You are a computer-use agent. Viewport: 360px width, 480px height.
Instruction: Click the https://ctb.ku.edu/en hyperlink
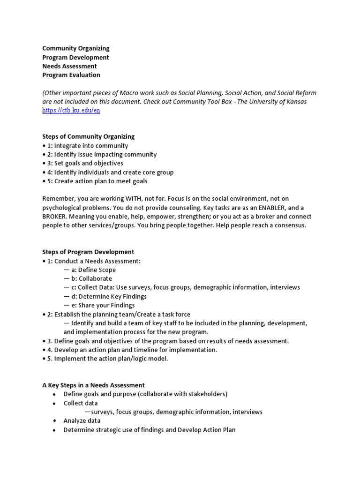pos(71,111)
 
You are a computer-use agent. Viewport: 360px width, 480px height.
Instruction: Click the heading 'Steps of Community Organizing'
pos(88,136)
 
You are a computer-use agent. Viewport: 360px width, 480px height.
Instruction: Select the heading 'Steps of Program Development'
pos(88,252)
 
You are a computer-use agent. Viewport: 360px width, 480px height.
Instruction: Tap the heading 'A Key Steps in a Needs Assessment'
pos(93,385)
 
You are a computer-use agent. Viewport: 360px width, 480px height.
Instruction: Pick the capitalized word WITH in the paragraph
pos(129,199)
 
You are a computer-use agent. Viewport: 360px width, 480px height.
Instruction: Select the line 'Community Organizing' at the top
pos(76,48)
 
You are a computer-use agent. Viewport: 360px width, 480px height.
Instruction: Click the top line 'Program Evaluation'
pos(71,75)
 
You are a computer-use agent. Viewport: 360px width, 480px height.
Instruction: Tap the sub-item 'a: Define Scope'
pos(93,270)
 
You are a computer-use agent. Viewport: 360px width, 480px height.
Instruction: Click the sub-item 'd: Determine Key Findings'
pos(109,297)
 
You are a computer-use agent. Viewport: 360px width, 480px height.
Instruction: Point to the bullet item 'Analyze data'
pos(82,421)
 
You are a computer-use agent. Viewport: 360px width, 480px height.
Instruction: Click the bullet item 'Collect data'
pos(81,403)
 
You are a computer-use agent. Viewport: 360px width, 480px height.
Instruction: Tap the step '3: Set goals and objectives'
pos(85,163)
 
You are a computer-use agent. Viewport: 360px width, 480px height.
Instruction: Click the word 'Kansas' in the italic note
pos(296,102)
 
